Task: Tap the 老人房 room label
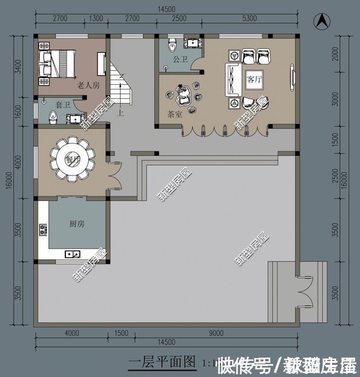pyautogui.click(x=88, y=85)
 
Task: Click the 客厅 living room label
pyautogui.click(x=254, y=80)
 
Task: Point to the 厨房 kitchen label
pyautogui.click(x=76, y=224)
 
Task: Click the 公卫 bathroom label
pyautogui.click(x=180, y=59)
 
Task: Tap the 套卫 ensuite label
pyautogui.click(x=63, y=104)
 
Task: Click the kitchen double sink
pyautogui.click(x=72, y=254)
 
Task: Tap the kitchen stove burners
pyautogui.click(x=43, y=230)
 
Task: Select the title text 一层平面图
pyautogui.click(x=162, y=361)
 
